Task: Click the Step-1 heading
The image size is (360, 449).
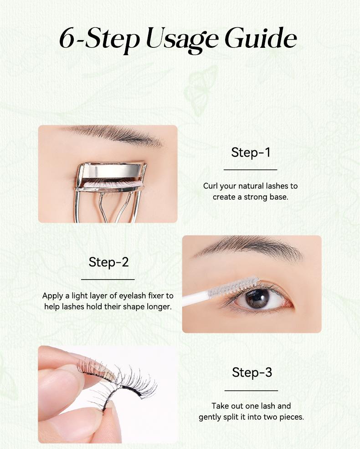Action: coord(251,152)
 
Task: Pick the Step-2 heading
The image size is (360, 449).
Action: coord(108,262)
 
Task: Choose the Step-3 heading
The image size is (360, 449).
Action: coord(252,372)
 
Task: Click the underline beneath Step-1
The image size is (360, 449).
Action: coord(251,169)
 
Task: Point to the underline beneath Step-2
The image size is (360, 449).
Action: coord(108,279)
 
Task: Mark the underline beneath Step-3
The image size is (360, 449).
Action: coord(251,390)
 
